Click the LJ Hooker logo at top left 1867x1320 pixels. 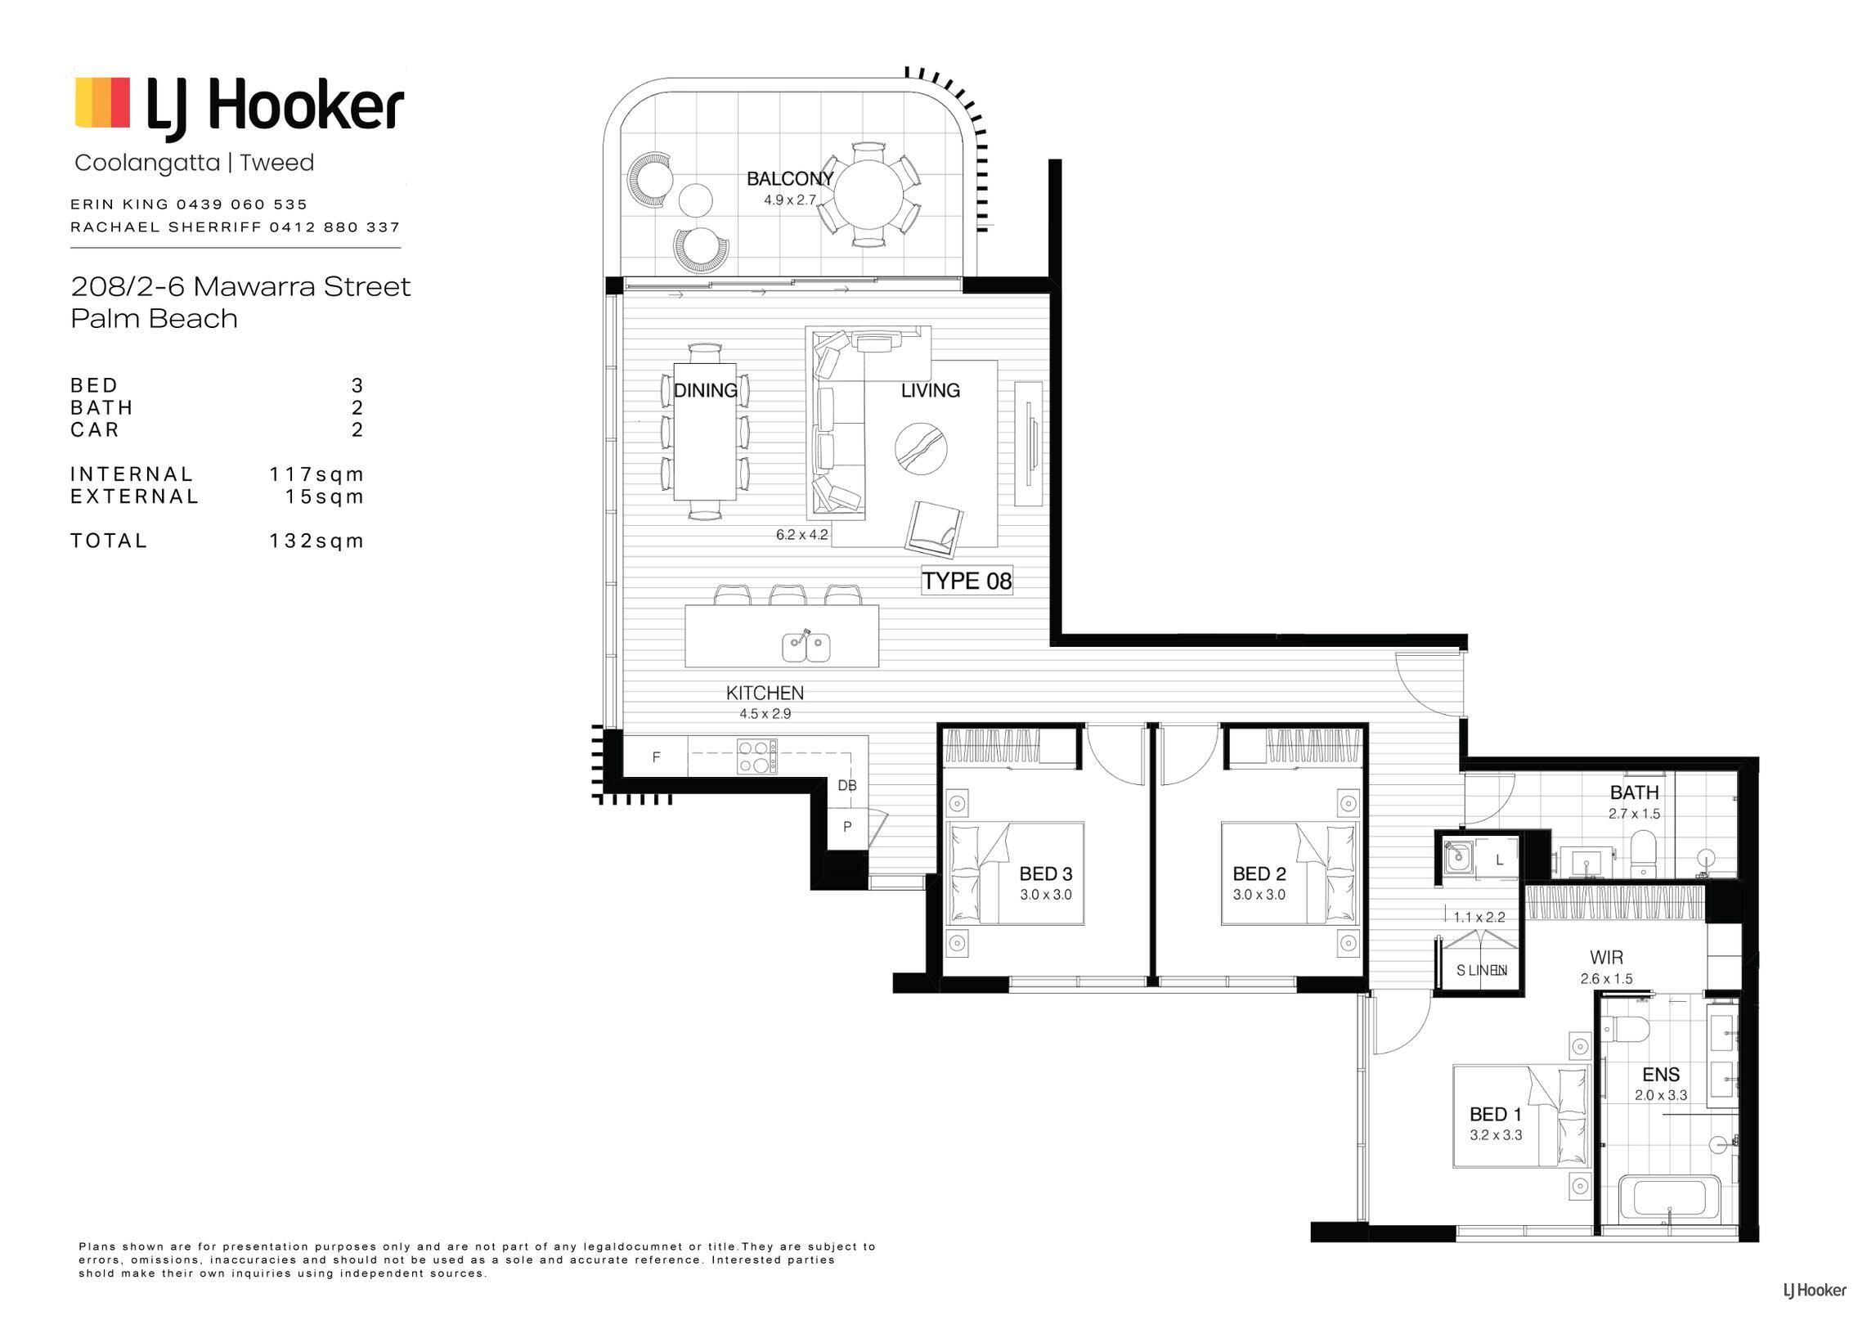(239, 106)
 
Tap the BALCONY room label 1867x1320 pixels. (790, 178)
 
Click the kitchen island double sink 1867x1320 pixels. (806, 647)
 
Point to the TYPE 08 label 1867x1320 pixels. (967, 581)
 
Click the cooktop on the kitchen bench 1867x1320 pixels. (757, 757)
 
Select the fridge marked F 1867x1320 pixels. (656, 757)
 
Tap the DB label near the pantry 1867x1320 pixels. (847, 786)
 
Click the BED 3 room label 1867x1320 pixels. (1045, 874)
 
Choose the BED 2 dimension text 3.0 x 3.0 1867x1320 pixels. (1259, 895)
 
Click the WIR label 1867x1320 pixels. (1606, 957)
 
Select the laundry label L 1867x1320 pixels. (1499, 860)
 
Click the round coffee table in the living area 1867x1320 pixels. (921, 448)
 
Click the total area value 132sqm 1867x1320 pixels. (316, 541)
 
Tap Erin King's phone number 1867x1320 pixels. (242, 204)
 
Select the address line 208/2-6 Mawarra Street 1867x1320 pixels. (240, 286)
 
